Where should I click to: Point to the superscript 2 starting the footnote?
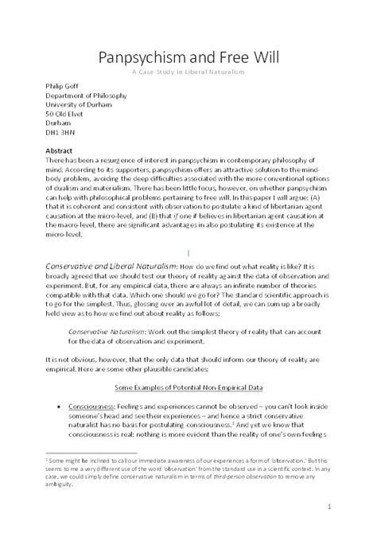(48, 460)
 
